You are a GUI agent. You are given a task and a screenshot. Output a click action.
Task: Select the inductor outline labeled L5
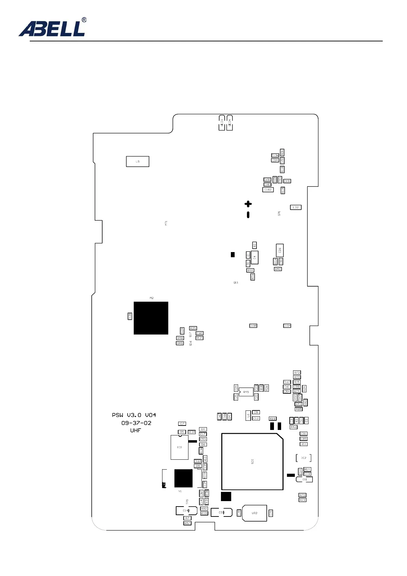click(x=137, y=161)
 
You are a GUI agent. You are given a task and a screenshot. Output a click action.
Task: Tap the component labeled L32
click(x=296, y=207)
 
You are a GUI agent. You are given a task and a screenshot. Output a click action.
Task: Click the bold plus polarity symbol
click(x=248, y=204)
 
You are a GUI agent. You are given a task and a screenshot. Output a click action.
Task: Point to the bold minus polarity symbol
click(x=248, y=215)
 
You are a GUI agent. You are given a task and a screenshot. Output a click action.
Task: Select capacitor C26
click(x=280, y=250)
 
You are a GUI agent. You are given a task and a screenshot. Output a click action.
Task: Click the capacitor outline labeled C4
click(x=254, y=257)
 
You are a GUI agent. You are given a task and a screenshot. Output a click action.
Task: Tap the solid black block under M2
click(x=151, y=318)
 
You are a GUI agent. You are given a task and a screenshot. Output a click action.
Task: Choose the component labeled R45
click(x=246, y=392)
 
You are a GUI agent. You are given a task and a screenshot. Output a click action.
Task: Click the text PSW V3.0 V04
click(x=134, y=415)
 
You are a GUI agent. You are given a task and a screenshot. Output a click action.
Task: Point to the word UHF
click(x=135, y=431)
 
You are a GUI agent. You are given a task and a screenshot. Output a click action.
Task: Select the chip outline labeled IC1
click(x=180, y=447)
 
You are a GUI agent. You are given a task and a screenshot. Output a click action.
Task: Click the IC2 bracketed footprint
click(x=304, y=458)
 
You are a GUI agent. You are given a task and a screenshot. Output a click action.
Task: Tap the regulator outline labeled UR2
click(x=254, y=513)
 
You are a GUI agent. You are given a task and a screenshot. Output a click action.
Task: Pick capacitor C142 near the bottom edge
click(x=186, y=511)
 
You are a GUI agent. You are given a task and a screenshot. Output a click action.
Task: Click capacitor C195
click(x=253, y=326)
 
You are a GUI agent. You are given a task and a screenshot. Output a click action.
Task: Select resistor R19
click(x=273, y=419)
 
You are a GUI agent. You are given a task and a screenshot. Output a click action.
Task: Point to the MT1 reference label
click(x=166, y=223)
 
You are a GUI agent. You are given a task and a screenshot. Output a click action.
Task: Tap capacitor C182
click(x=268, y=189)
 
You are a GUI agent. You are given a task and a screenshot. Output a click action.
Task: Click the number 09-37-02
click(x=136, y=423)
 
